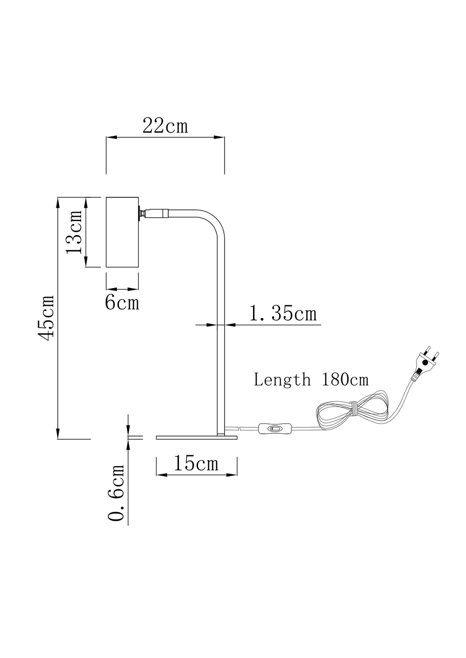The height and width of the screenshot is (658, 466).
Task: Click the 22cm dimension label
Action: click(165, 126)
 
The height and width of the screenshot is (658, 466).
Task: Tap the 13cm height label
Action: click(75, 232)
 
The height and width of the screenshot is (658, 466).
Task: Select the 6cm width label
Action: click(122, 303)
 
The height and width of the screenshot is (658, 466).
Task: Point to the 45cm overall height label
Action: click(48, 317)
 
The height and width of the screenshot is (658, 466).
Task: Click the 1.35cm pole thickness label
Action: click(283, 314)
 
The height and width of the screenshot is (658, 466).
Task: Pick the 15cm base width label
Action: click(196, 463)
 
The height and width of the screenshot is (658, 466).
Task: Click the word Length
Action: click(282, 380)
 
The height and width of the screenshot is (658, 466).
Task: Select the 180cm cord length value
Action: click(345, 380)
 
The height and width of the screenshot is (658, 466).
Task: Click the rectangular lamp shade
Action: click(123, 232)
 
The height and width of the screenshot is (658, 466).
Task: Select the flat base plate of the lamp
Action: click(196, 437)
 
